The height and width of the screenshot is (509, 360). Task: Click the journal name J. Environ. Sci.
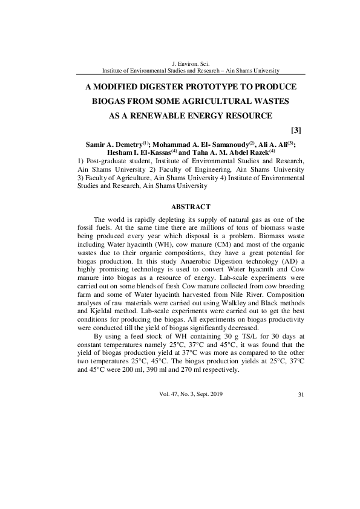point(191,63)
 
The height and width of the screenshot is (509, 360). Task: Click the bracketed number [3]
point(296,130)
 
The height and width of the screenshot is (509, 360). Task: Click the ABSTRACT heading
point(191,207)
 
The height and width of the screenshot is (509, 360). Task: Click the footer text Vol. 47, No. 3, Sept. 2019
point(191,394)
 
